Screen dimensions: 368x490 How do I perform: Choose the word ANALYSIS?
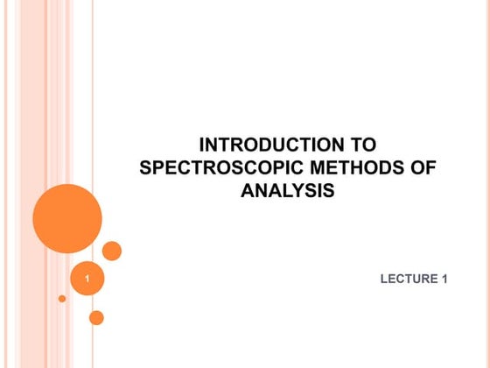click(x=287, y=190)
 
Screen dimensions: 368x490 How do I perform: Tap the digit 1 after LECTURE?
click(x=444, y=280)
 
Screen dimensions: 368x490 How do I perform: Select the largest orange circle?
click(x=67, y=218)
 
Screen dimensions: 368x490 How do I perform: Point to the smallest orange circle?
click(x=62, y=299)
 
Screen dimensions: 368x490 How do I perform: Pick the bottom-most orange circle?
click(x=96, y=317)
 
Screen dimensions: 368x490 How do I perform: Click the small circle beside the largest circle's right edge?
click(x=112, y=251)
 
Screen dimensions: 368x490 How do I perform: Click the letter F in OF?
click(x=429, y=168)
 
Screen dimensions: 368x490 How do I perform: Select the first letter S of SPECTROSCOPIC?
click(x=146, y=168)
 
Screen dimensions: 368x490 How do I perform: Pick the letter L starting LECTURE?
click(x=384, y=280)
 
